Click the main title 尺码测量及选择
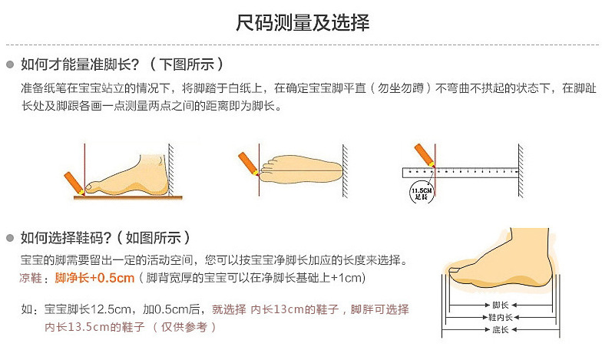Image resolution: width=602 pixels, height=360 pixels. [303, 23]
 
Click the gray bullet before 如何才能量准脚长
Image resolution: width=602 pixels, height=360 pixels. [10, 64]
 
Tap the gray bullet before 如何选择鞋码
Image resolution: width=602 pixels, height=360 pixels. [10, 238]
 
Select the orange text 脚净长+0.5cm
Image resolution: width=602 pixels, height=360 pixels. [94, 278]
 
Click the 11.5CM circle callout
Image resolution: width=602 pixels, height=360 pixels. [421, 193]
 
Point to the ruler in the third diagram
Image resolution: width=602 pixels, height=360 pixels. [460, 173]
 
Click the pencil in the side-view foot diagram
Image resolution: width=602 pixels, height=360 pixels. [74, 183]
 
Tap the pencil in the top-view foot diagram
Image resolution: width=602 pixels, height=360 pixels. [249, 163]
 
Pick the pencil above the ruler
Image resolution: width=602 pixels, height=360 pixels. [425, 155]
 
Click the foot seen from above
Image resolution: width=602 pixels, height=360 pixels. [301, 170]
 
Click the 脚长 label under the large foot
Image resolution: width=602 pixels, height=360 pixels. [501, 306]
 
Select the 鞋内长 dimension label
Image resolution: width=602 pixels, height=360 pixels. [501, 318]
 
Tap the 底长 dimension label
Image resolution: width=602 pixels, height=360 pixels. [501, 330]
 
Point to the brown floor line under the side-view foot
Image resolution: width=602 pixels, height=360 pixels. [127, 198]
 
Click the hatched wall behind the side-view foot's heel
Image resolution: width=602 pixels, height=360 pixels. [171, 170]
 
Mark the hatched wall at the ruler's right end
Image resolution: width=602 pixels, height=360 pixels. [521, 170]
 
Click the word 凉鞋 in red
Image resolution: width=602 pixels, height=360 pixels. [31, 278]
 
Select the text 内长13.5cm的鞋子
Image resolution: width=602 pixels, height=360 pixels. [94, 327]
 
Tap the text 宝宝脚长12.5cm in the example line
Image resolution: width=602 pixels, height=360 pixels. [88, 309]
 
